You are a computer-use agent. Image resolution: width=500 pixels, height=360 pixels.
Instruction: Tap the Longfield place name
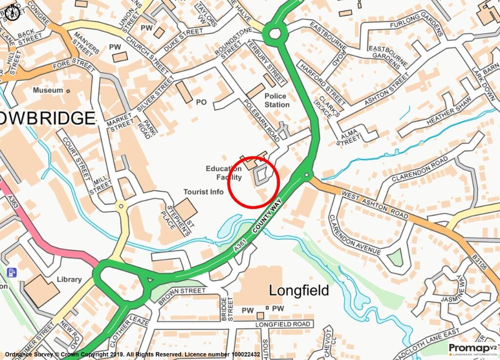click(x=299, y=291)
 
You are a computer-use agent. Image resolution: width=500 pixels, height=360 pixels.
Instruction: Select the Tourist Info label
click(x=203, y=192)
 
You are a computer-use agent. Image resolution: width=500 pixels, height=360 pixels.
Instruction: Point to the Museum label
click(x=48, y=90)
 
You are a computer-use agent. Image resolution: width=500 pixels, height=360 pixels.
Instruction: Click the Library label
click(x=69, y=279)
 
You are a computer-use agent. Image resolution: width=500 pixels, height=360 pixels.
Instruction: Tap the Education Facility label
click(x=224, y=172)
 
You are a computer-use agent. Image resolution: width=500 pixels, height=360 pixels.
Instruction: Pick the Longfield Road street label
click(x=283, y=324)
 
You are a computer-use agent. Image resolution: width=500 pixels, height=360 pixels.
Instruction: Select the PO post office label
click(x=201, y=102)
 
